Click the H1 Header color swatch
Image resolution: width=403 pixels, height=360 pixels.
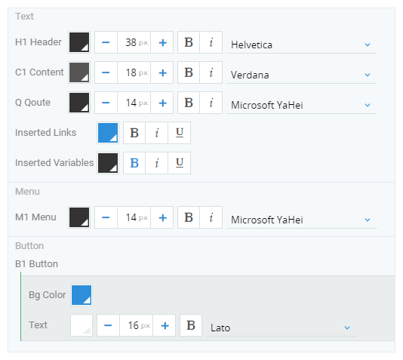[79, 42]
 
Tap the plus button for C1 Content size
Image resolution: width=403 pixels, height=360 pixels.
[162, 72]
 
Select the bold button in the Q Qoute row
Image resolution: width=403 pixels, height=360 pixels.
[189, 103]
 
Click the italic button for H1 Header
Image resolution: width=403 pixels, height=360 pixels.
[211, 42]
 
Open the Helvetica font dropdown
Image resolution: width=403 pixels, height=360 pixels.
[302, 45]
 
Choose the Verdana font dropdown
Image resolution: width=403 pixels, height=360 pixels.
[302, 75]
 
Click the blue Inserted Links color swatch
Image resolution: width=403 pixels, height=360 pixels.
[108, 133]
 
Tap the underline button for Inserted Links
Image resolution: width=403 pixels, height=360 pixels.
[180, 133]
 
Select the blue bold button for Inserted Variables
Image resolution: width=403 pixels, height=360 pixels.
[134, 163]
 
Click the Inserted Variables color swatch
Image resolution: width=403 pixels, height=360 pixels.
[108, 163]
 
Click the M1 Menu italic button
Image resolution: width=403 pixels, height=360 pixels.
[211, 217]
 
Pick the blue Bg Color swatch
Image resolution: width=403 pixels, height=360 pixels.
[82, 295]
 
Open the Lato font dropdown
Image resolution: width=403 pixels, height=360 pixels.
[281, 328]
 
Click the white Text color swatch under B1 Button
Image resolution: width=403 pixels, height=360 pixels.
[82, 325]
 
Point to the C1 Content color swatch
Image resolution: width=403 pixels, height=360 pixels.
[79, 72]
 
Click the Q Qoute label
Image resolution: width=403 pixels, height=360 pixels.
[32, 103]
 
